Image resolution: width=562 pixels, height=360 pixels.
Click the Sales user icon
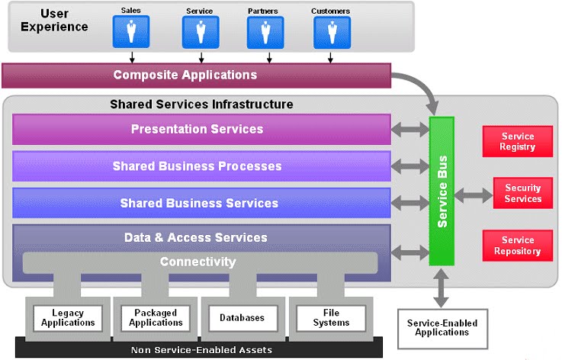(131, 31)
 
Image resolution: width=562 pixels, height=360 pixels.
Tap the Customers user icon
(332, 31)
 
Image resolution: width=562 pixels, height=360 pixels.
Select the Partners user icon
(265, 31)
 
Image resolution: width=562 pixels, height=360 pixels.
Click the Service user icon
(200, 31)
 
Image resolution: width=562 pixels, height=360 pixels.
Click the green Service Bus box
(442, 191)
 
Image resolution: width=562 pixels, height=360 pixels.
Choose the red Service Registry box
(517, 142)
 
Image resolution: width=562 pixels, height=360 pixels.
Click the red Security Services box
(522, 194)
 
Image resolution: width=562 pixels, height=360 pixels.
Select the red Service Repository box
(517, 246)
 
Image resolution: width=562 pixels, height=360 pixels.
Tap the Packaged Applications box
(155, 318)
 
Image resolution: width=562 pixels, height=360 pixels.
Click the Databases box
(242, 318)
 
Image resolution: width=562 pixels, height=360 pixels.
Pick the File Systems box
(330, 318)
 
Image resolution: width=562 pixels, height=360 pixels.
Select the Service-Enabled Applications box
(442, 329)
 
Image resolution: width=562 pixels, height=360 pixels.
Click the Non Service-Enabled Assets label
(201, 350)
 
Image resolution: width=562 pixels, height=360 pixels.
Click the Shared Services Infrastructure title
(201, 104)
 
